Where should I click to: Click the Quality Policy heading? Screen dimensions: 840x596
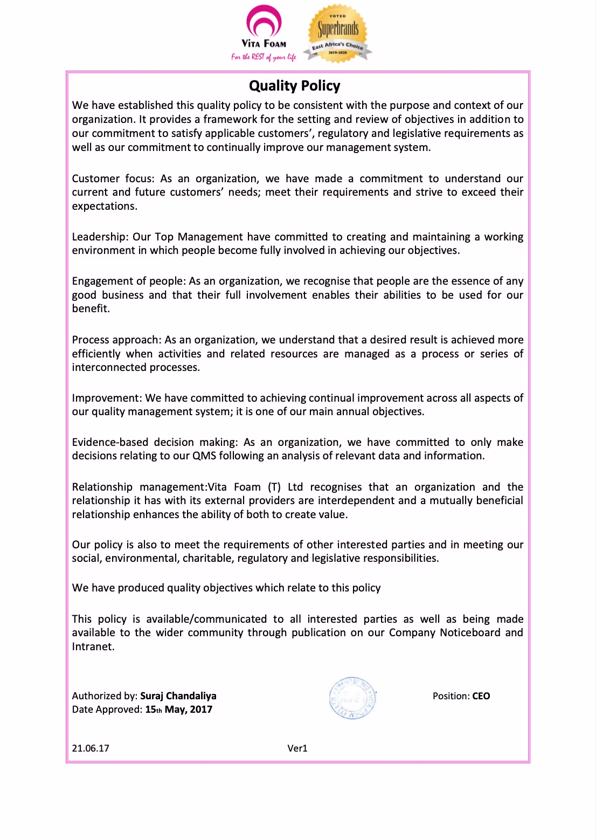pyautogui.click(x=294, y=86)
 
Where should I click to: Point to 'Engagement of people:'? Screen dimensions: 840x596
pyautogui.click(x=129, y=281)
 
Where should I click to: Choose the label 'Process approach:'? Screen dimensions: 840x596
pyautogui.click(x=116, y=340)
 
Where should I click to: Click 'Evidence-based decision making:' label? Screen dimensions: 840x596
pyautogui.click(x=155, y=442)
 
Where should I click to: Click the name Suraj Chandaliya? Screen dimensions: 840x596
pyautogui.click(x=178, y=696)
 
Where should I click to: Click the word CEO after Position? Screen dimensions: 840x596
pyautogui.click(x=481, y=696)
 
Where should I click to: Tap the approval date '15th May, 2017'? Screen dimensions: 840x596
pyautogui.click(x=179, y=710)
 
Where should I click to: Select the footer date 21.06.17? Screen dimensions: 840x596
pyautogui.click(x=91, y=748)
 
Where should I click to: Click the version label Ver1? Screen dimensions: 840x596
pyautogui.click(x=297, y=748)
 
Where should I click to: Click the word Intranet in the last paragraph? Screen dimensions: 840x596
pyautogui.click(x=93, y=646)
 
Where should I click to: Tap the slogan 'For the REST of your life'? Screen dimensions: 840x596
pyautogui.click(x=264, y=57)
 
